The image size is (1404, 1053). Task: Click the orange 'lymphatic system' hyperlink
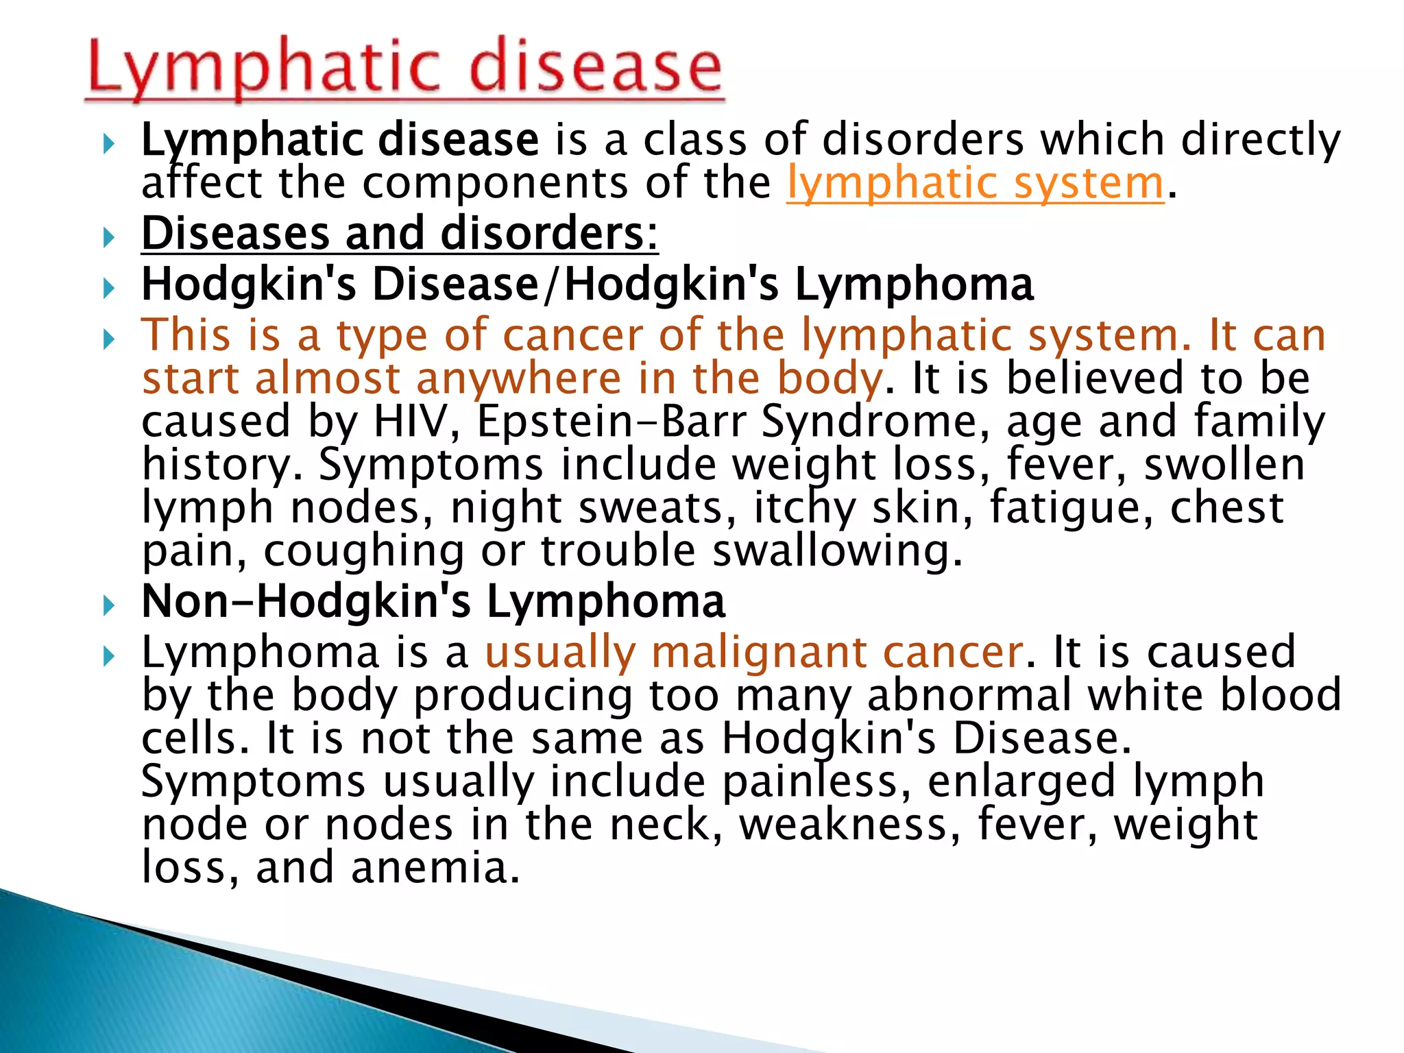coord(975,184)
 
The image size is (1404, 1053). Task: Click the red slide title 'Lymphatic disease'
coord(404,68)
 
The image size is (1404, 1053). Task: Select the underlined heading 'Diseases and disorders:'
coord(400,234)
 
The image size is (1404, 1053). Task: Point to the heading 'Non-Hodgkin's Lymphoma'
coord(433,601)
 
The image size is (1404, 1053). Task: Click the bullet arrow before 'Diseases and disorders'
coord(108,238)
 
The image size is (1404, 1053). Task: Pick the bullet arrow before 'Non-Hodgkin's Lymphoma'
coord(108,605)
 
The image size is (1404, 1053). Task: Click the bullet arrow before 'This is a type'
coord(108,339)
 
